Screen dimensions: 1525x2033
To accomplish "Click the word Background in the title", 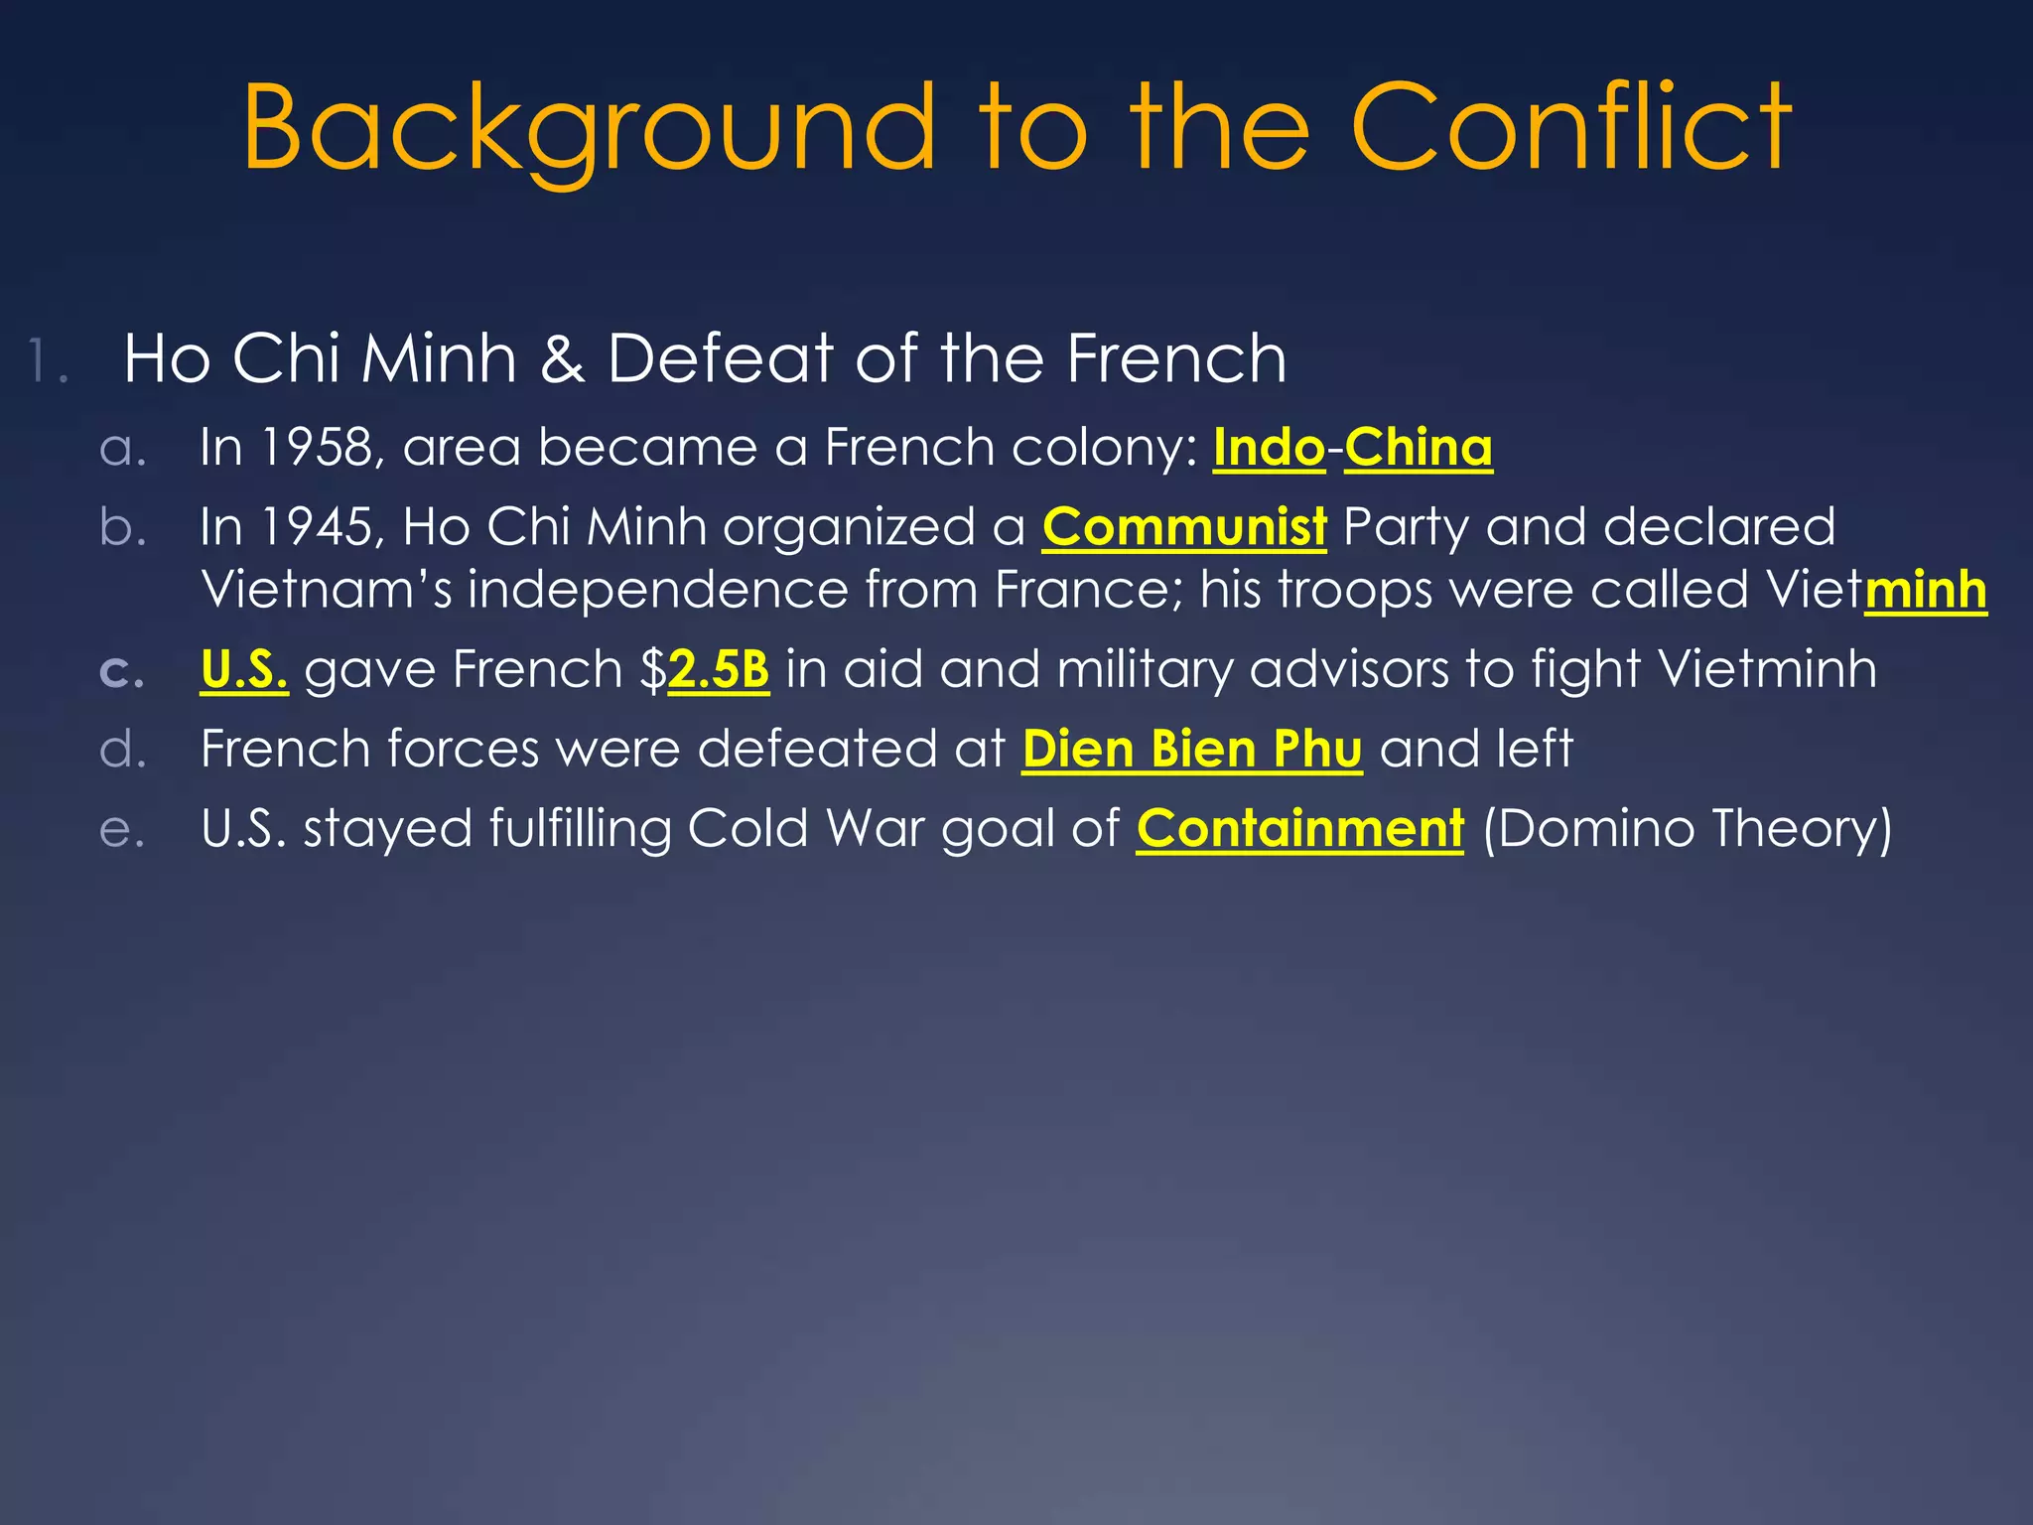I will [590, 129].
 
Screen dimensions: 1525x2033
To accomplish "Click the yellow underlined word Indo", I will [1269, 447].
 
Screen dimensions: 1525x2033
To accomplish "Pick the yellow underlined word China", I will [1418, 447].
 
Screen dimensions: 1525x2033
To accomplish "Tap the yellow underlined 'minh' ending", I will [1926, 590].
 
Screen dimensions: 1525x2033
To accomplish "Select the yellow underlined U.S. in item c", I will [244, 669].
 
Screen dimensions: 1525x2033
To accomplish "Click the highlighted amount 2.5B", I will [719, 669].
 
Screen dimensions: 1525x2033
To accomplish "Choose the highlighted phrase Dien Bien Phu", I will [1191, 749].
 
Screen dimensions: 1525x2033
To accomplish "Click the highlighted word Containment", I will [1299, 828].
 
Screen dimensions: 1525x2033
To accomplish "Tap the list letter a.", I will [122, 449].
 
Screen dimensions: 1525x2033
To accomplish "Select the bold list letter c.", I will [122, 672].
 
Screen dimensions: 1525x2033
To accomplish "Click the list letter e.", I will [122, 831].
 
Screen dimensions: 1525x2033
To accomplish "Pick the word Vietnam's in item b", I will [326, 590].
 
